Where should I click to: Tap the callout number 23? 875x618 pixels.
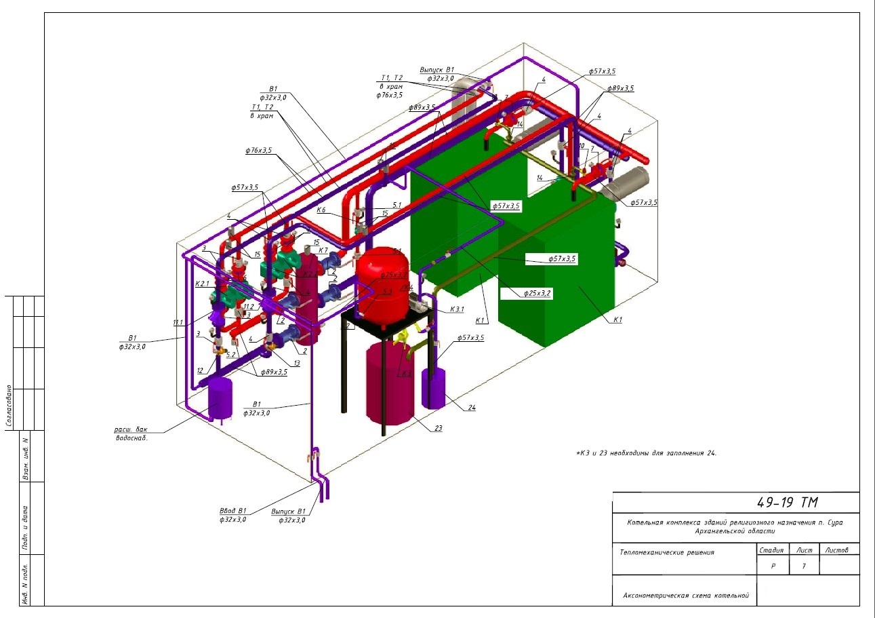[x=438, y=428]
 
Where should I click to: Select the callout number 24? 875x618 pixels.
[x=472, y=408]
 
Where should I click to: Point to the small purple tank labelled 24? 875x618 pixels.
[x=434, y=388]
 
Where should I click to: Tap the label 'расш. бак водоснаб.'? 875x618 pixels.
[x=131, y=433]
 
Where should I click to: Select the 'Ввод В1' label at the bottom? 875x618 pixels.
[x=232, y=511]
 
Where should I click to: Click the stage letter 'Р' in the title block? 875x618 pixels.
[x=773, y=566]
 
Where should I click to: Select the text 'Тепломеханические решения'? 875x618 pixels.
[x=667, y=552]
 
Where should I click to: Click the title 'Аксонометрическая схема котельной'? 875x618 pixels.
[x=686, y=596]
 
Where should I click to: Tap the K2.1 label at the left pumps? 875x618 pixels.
[x=202, y=284]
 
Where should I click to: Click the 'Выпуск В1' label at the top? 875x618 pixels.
[x=436, y=69]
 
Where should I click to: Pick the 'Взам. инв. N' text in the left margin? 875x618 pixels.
[x=26, y=459]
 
